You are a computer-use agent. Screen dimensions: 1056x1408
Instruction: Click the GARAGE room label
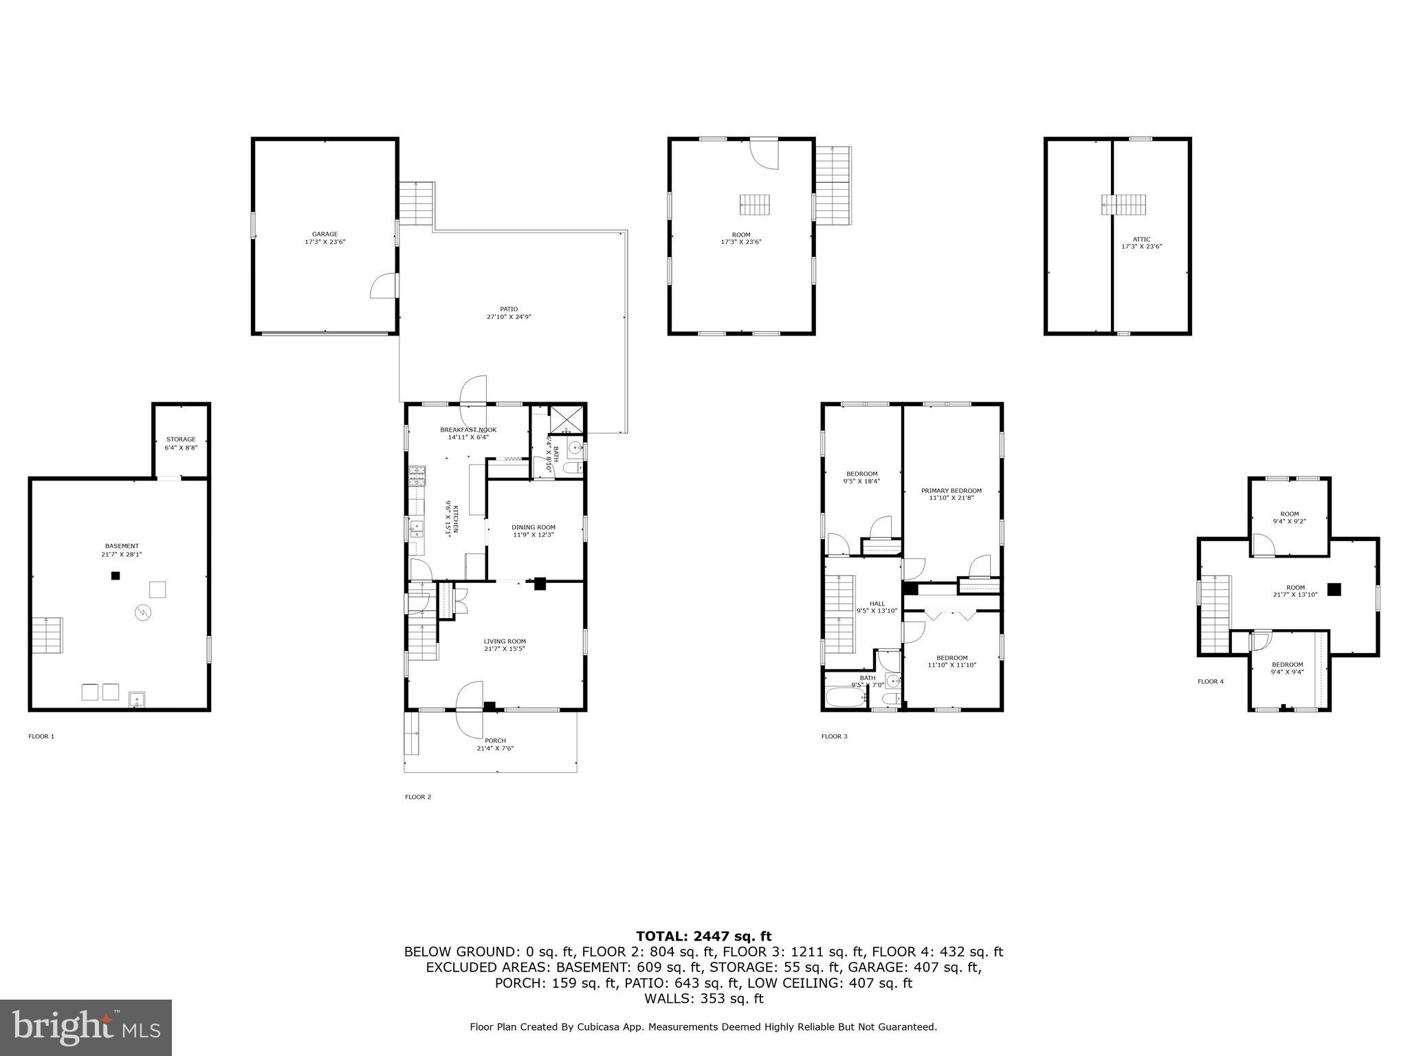tap(324, 234)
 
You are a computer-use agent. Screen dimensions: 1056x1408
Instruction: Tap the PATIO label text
tap(509, 309)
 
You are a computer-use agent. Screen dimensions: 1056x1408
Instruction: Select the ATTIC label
tap(1141, 239)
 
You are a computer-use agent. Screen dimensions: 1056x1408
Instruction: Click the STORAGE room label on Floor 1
tap(181, 439)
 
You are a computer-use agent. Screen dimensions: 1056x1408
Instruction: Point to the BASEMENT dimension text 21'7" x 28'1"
tap(122, 554)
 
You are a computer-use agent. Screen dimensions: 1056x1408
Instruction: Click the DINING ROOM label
tap(533, 527)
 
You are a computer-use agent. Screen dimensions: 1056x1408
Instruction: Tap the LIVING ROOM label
tap(505, 641)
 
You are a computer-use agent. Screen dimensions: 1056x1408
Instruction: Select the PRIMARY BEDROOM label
tap(951, 491)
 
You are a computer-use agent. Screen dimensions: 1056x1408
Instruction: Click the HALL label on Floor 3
tap(877, 604)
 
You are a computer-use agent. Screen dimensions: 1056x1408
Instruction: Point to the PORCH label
tap(495, 740)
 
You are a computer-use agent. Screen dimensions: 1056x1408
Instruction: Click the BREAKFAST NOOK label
tap(468, 430)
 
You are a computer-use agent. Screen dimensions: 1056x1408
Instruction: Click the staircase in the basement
tap(47, 635)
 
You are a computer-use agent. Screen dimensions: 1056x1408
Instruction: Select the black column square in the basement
tap(115, 575)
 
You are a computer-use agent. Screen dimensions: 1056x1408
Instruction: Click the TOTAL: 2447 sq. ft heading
tap(703, 936)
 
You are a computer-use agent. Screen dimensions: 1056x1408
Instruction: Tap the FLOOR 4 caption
tap(1211, 681)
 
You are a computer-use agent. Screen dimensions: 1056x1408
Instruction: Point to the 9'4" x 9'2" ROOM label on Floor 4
tap(1289, 518)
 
